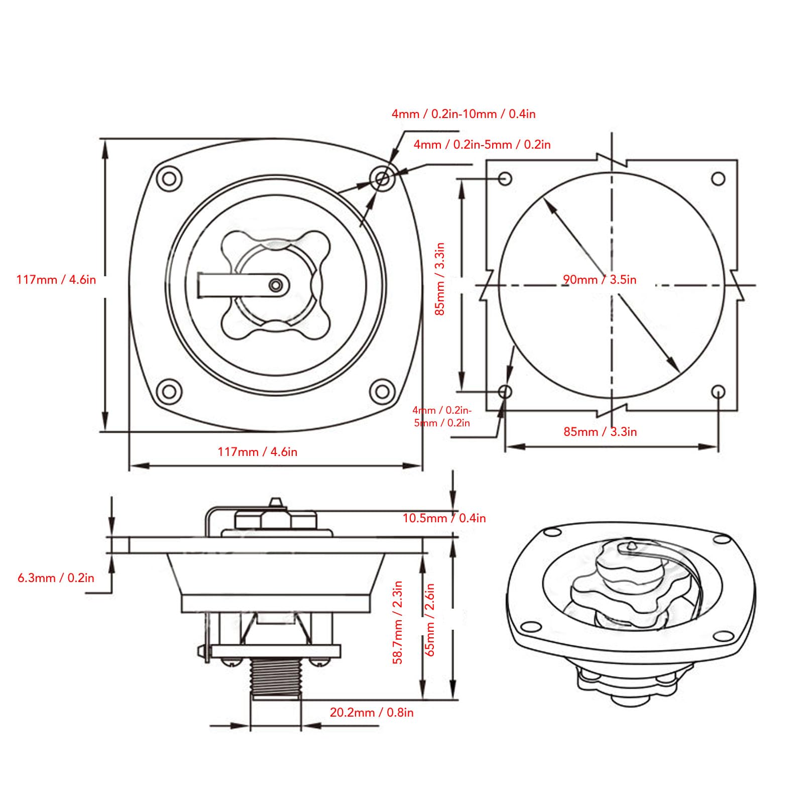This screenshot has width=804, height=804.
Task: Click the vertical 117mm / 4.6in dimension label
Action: [56, 279]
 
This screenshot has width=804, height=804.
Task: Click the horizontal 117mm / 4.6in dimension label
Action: [257, 452]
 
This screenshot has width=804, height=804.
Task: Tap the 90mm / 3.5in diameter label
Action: [600, 280]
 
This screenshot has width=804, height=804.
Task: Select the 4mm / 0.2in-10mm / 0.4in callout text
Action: [464, 114]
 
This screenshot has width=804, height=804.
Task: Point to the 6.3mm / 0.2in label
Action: [56, 578]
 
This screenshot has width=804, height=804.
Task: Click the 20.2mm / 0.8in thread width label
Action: [372, 712]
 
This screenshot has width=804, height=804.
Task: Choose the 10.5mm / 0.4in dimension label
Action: [444, 518]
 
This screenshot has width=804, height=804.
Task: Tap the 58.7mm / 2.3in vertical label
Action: [398, 623]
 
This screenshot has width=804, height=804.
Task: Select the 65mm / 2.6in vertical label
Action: [430, 619]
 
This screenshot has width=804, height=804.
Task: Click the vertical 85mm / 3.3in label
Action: [440, 279]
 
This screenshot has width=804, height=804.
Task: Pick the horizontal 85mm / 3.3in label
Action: [600, 432]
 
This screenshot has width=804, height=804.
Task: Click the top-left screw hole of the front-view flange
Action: [169, 178]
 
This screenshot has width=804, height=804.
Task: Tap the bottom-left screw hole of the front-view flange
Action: [169, 392]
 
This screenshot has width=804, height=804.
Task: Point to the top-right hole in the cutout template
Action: [719, 178]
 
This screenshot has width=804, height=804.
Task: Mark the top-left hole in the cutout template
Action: [505, 178]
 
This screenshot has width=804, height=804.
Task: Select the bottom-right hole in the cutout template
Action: [719, 391]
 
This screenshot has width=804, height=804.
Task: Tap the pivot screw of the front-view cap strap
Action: [275, 285]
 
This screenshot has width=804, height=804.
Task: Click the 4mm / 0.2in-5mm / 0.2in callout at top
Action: [482, 145]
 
